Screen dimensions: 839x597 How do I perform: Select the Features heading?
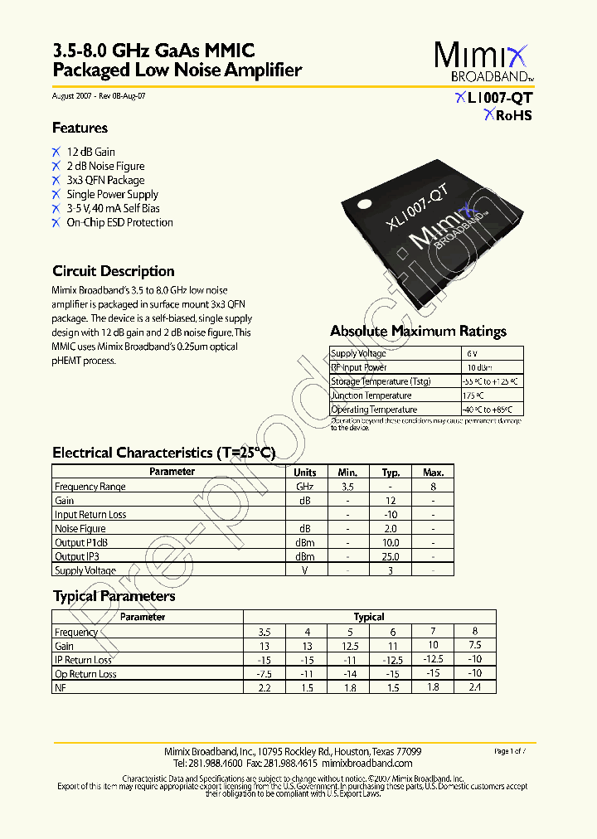(x=80, y=129)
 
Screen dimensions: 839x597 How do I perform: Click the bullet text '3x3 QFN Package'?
(x=105, y=180)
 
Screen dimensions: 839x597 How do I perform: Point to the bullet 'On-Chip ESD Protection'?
(x=119, y=222)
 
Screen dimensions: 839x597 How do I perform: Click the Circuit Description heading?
(x=113, y=271)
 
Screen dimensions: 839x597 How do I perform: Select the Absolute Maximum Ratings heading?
(x=418, y=332)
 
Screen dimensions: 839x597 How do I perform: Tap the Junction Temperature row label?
(x=371, y=395)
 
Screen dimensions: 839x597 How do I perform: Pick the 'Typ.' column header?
(x=391, y=472)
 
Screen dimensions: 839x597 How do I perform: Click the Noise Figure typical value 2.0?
(x=391, y=528)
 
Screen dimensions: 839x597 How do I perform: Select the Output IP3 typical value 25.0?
(x=391, y=556)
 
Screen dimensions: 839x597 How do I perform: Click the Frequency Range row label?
(x=90, y=487)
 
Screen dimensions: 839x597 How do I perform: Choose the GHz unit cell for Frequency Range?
(x=304, y=487)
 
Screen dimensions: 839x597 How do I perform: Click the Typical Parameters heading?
(x=114, y=596)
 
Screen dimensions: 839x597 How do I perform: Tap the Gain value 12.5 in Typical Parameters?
(x=349, y=646)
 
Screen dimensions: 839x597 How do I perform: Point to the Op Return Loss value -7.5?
(x=265, y=674)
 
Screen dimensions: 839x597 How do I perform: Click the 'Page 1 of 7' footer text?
(x=514, y=751)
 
